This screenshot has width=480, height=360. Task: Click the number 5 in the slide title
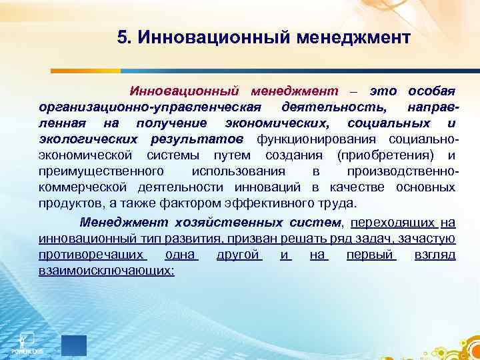tap(121, 37)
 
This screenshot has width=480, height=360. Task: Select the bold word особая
tap(431, 90)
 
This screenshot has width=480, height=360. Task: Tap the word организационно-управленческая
tap(147, 107)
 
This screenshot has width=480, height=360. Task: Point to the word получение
tap(171, 123)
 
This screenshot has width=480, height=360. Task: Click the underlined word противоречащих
tap(92, 255)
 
